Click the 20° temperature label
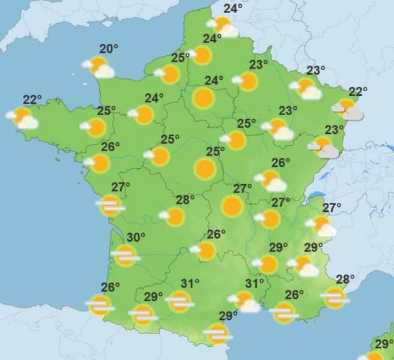click(108, 49)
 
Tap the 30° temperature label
click(136, 238)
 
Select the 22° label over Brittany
click(32, 99)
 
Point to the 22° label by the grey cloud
click(358, 92)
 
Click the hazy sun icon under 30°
click(126, 256)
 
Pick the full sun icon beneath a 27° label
click(232, 206)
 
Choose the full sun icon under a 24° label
click(204, 98)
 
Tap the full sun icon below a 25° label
click(205, 169)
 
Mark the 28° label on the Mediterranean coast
click(346, 278)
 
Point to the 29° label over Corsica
click(384, 344)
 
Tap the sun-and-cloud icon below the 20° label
click(100, 67)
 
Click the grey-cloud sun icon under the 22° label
click(348, 109)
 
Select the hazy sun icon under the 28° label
click(334, 296)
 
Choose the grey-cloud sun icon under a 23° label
click(324, 147)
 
